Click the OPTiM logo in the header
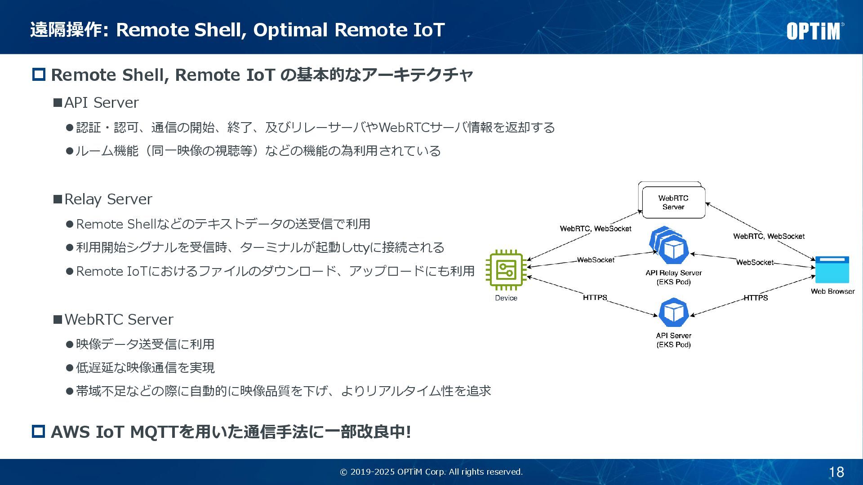coord(814,31)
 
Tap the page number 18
coord(836,472)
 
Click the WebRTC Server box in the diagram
coord(673,203)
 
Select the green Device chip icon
coord(506,270)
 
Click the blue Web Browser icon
coord(832,269)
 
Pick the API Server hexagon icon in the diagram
coord(673,313)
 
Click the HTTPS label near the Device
coord(595,297)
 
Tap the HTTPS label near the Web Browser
coord(756,298)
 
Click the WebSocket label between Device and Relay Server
coord(596,260)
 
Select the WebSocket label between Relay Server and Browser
coord(755,262)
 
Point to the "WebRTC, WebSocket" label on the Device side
coord(596,229)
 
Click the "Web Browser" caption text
coord(832,291)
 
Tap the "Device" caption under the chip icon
coord(506,298)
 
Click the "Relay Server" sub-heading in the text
coord(108,199)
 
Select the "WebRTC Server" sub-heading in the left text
coord(119,319)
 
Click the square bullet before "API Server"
coord(58,103)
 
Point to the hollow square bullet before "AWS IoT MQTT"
coord(39,432)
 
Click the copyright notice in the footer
coord(431,472)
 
